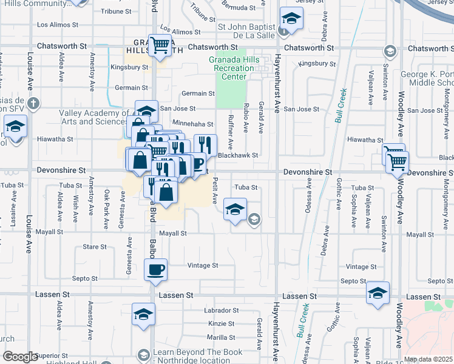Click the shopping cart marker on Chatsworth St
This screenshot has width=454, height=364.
tap(160, 44)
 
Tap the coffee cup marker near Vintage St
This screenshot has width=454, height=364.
tap(155, 269)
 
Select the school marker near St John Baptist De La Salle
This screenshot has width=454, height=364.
tap(291, 19)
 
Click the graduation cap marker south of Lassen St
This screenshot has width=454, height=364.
tap(144, 314)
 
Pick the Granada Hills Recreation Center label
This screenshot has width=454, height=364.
tap(234, 68)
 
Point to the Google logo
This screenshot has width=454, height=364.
tap(20, 357)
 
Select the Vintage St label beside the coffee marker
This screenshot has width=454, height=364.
tap(202, 266)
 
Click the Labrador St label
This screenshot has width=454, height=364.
tap(219, 311)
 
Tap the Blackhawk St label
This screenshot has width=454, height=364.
tap(239, 155)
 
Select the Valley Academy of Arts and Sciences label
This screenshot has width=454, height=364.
tap(89, 117)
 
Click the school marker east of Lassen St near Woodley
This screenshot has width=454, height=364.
tap(378, 293)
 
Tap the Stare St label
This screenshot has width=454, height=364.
tap(95, 247)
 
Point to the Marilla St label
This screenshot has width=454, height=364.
tap(221, 337)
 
